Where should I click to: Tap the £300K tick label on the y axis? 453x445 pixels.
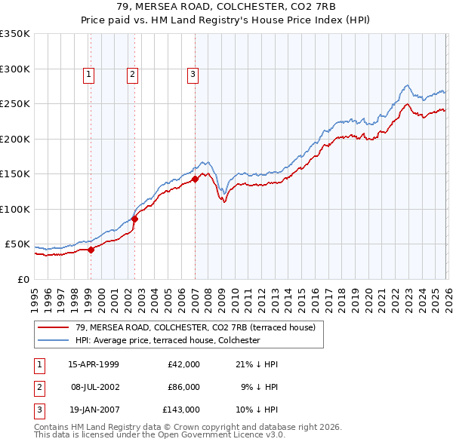pyautogui.click(x=15, y=69)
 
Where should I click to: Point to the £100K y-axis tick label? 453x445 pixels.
pyautogui.click(x=15, y=209)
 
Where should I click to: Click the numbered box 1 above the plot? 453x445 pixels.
pyautogui.click(x=89, y=74)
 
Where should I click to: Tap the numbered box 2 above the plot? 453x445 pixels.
pyautogui.click(x=132, y=74)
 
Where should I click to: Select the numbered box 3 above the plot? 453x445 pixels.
pyautogui.click(x=193, y=74)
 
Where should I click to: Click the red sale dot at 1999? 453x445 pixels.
pyautogui.click(x=91, y=250)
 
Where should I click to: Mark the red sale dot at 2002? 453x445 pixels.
pyautogui.click(x=134, y=219)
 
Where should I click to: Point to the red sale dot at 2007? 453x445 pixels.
pyautogui.click(x=195, y=179)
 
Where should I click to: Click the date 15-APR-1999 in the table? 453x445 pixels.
pyautogui.click(x=94, y=364)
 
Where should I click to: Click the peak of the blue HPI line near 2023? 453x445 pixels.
pyautogui.click(x=407, y=85)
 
